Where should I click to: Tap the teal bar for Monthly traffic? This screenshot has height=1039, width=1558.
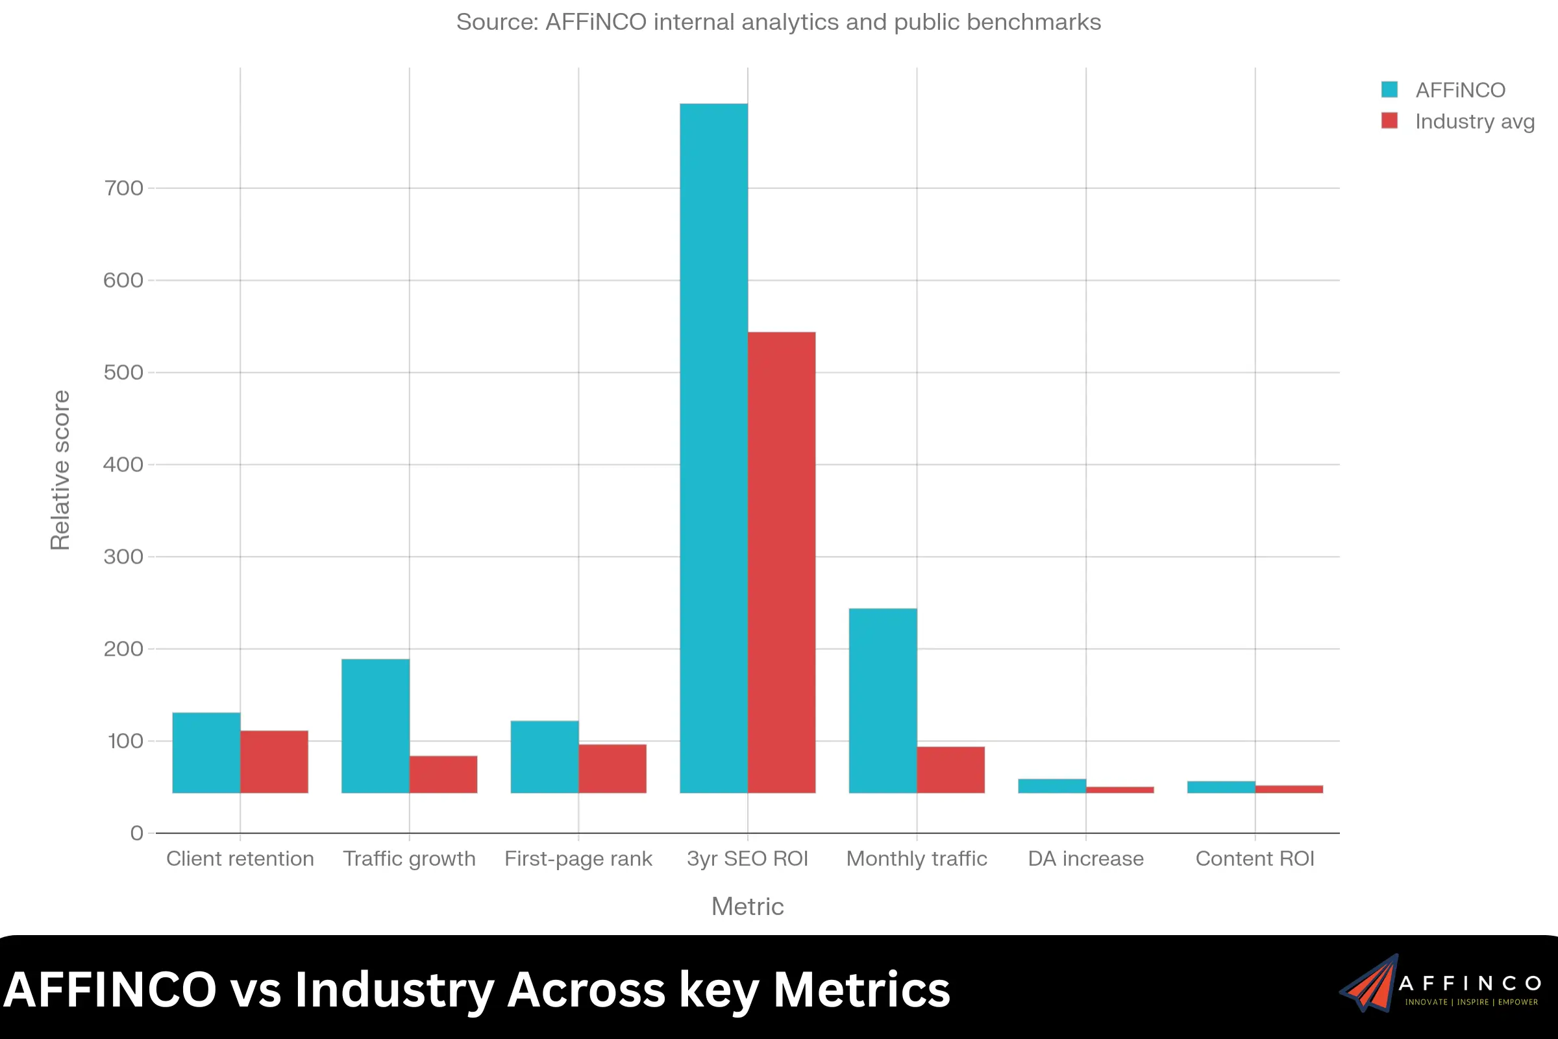[x=883, y=701]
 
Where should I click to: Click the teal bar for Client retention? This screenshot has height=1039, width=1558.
[x=206, y=753]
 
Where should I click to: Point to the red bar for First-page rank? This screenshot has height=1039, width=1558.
[x=612, y=769]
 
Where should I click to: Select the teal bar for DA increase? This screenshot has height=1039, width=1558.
[x=1052, y=786]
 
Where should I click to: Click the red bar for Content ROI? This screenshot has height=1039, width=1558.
[x=1289, y=789]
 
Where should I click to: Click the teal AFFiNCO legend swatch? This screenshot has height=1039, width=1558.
[x=1389, y=90]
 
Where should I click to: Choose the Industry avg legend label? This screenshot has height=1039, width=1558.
[x=1474, y=121]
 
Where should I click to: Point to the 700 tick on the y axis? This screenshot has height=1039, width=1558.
[x=123, y=188]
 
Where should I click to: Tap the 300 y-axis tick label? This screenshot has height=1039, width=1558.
[x=123, y=557]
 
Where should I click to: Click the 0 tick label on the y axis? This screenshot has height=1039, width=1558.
[x=136, y=833]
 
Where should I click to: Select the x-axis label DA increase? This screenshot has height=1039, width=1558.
[x=1085, y=858]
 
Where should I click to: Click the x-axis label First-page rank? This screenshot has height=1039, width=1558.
[x=578, y=858]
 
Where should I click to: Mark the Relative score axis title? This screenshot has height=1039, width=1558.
[x=60, y=469]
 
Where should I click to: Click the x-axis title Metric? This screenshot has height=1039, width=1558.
[x=747, y=907]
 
